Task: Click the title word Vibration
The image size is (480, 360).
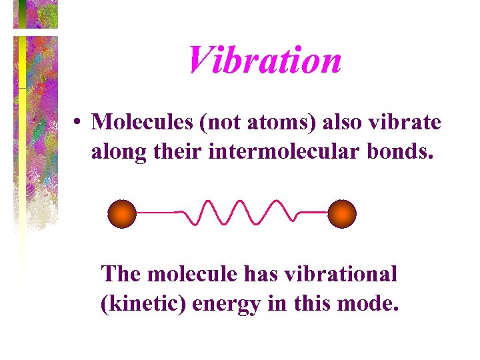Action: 264,60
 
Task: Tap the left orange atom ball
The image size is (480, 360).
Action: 122,214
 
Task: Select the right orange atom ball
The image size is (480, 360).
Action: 342,214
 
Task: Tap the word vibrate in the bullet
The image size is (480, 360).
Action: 410,122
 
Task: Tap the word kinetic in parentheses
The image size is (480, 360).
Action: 144,305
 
